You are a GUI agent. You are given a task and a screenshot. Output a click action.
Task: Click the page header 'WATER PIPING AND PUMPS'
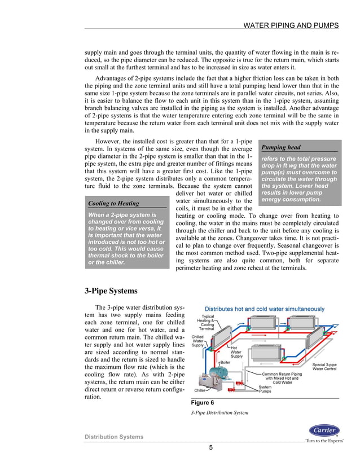point(291,25)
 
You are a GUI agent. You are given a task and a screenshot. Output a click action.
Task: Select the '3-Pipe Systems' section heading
point(111,291)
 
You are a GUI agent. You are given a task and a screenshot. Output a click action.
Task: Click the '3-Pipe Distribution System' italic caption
point(219,412)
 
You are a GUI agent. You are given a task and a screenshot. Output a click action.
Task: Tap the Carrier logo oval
point(325,429)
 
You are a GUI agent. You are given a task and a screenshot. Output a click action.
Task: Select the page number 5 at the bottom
point(210,448)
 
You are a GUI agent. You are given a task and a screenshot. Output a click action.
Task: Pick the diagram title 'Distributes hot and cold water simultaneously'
point(262,309)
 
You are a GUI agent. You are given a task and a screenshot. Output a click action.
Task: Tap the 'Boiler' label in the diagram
point(225,363)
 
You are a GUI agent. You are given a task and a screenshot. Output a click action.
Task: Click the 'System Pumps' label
point(265,389)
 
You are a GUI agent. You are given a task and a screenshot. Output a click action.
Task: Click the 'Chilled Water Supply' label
point(197,341)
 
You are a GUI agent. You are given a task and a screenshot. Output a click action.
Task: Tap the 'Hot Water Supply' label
point(236,352)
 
